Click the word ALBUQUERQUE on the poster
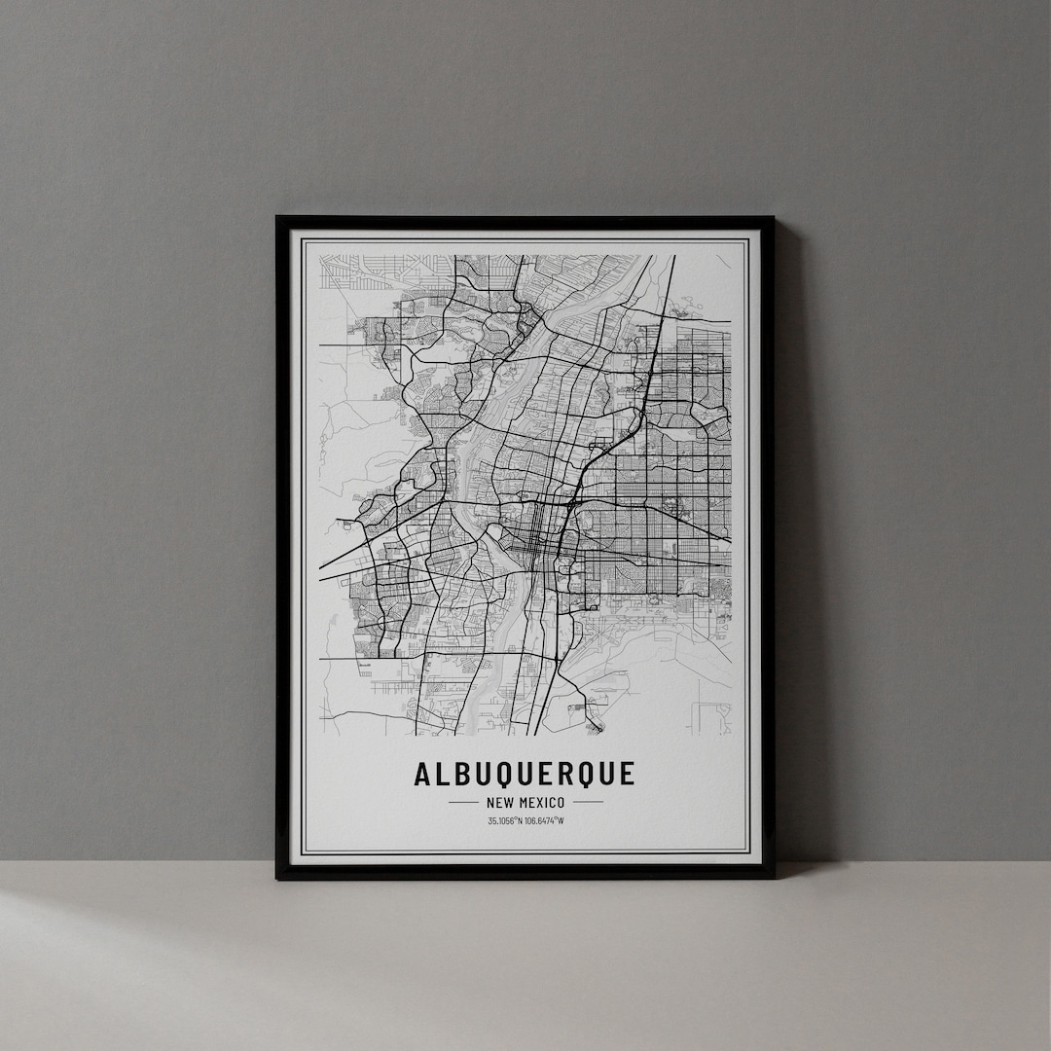point(525,775)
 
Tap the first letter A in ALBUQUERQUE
point(422,775)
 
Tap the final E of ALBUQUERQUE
point(628,775)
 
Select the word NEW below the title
point(495,803)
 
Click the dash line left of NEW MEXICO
point(462,803)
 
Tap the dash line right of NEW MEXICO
point(588,803)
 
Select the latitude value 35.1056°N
point(505,820)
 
